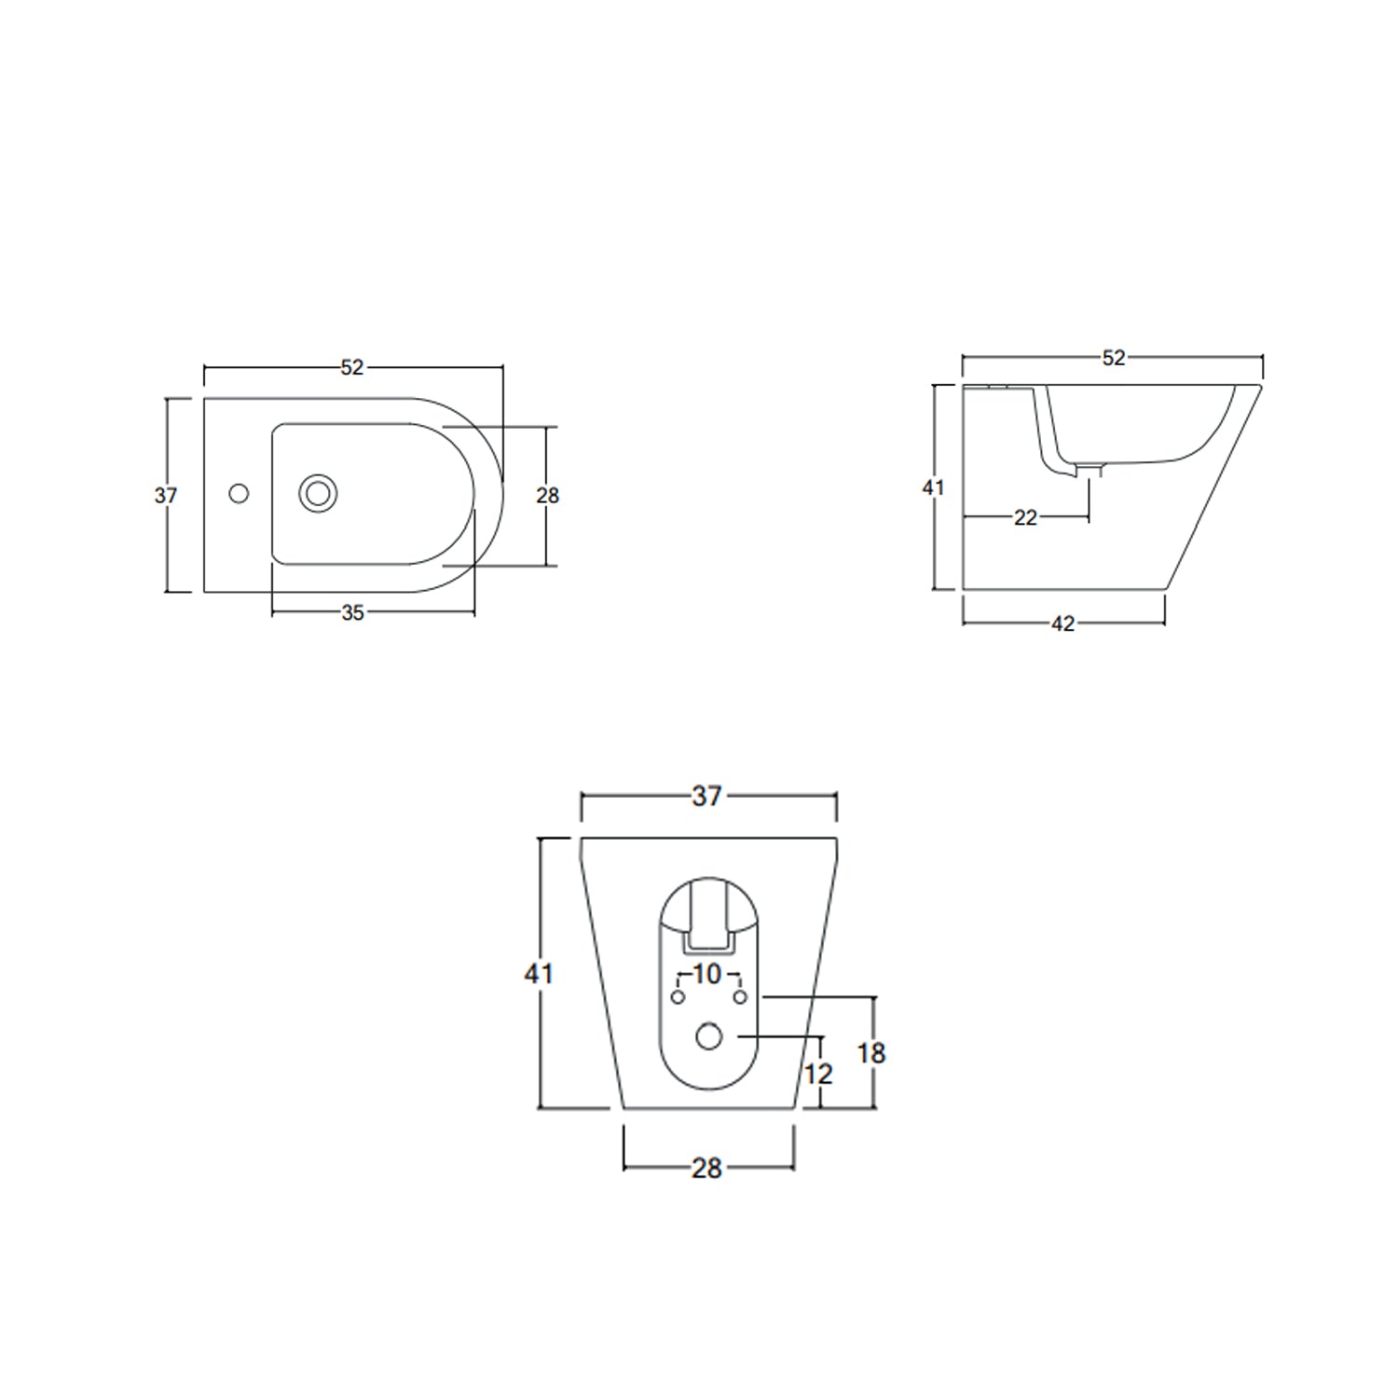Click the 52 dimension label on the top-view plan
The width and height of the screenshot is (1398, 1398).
click(x=351, y=368)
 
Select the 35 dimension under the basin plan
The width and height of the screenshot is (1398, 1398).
click(x=352, y=613)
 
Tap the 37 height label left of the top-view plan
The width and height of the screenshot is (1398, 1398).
click(x=166, y=496)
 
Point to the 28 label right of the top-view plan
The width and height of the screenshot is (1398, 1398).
click(x=547, y=496)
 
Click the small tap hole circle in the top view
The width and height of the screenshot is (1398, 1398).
click(x=239, y=494)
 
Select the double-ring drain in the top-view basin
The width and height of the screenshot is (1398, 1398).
click(x=318, y=493)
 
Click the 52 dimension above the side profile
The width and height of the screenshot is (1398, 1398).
click(x=1113, y=358)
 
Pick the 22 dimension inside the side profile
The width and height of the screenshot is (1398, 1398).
click(x=1025, y=518)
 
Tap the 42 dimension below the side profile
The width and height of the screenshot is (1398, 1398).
click(x=1062, y=624)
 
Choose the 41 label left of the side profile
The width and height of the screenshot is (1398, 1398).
click(x=933, y=487)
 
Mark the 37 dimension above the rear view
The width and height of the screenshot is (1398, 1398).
click(x=706, y=796)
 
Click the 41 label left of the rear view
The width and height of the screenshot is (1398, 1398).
click(x=539, y=974)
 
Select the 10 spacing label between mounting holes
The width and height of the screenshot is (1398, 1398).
click(x=707, y=974)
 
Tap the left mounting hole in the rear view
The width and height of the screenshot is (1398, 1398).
click(x=678, y=997)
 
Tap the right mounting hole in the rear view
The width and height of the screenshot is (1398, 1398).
click(x=740, y=997)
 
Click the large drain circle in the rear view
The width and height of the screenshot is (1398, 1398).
click(x=709, y=1035)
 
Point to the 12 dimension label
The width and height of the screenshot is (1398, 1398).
click(x=817, y=1075)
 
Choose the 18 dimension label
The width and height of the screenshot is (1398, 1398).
click(x=870, y=1053)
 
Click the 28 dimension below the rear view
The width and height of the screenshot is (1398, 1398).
click(x=706, y=1168)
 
